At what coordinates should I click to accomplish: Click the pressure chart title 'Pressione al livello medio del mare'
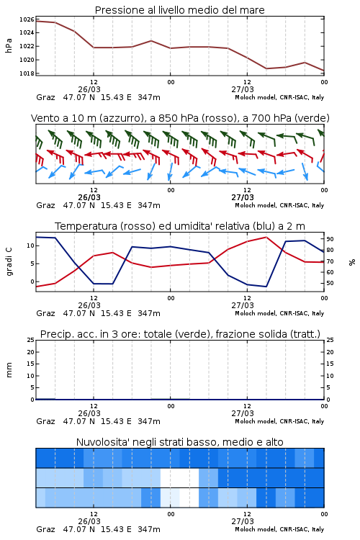coord(179,10)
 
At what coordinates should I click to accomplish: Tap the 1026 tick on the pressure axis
coord(27,19)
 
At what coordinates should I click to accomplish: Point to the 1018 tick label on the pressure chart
coord(27,73)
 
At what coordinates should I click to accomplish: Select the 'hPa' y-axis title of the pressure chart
coord(9,46)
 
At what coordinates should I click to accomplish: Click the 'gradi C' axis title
coord(9,262)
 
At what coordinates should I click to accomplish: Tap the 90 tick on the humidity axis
coord(330,239)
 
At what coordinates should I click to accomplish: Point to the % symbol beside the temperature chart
coord(352,262)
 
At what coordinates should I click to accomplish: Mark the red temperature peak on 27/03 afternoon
coord(266,237)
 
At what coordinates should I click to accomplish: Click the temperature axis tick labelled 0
coord(32,282)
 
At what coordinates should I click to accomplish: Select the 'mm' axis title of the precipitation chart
coord(9,370)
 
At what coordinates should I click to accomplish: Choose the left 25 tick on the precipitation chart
coord(31,340)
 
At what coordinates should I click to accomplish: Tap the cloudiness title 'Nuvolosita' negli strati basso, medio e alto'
coord(179,442)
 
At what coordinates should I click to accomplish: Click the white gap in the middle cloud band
coord(179,477)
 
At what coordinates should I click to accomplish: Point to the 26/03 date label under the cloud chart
coord(89,521)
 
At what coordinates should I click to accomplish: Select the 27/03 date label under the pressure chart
coord(243,89)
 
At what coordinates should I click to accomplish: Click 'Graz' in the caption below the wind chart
coord(45,205)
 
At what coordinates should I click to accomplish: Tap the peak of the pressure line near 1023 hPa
coord(151,40)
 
